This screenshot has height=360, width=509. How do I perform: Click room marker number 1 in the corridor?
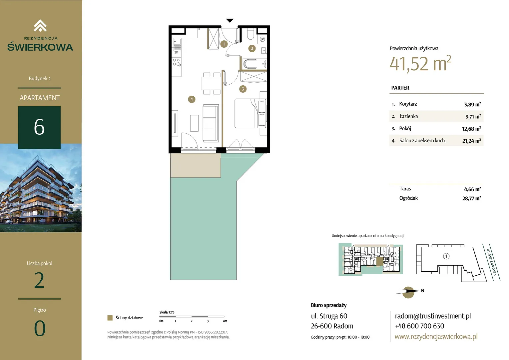pyautogui.click(x=224, y=44)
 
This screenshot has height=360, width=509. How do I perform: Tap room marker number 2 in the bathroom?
pyautogui.click(x=252, y=48)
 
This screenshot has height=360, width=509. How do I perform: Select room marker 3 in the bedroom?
pyautogui.click(x=243, y=89)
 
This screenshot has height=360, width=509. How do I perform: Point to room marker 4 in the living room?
pyautogui.click(x=192, y=99)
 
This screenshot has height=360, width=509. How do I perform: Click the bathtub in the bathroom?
pyautogui.click(x=254, y=64)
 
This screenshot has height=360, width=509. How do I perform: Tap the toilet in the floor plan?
pyautogui.click(x=251, y=34)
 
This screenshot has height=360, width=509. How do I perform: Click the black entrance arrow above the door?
pyautogui.click(x=230, y=20)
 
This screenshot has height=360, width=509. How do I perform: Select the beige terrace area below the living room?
pyautogui.click(x=196, y=165)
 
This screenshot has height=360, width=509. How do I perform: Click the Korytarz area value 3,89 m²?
pyautogui.click(x=472, y=104)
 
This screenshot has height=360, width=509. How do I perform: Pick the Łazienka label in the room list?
pyautogui.click(x=408, y=116)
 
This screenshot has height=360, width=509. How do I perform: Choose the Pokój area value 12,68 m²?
pyautogui.click(x=471, y=129)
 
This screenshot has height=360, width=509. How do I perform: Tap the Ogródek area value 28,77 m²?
pyautogui.click(x=471, y=198)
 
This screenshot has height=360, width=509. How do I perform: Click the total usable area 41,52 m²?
pyautogui.click(x=420, y=63)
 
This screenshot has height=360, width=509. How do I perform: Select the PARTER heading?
pyautogui.click(x=400, y=88)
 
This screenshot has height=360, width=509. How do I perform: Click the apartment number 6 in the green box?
pyautogui.click(x=39, y=127)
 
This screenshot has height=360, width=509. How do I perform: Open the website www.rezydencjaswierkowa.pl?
pyautogui.click(x=436, y=336)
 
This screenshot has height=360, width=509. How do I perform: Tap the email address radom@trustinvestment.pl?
pyautogui.click(x=433, y=316)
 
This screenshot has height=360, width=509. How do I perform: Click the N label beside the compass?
pyautogui.click(x=422, y=291)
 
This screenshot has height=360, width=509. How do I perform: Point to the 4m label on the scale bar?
pyautogui.click(x=225, y=321)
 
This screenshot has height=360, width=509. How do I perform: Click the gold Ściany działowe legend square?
pyautogui.click(x=110, y=318)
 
